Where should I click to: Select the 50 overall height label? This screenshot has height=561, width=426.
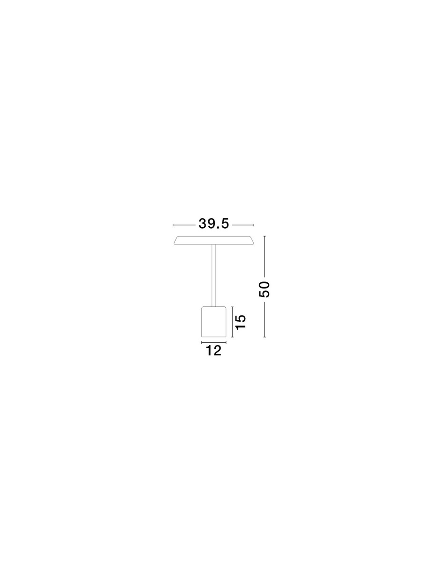[264, 289]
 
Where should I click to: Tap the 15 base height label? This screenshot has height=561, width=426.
[241, 322]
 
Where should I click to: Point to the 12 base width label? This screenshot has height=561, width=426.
[213, 351]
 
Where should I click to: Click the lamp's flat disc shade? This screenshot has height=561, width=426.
[213, 240]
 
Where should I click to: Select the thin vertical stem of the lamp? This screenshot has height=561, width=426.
[213, 275]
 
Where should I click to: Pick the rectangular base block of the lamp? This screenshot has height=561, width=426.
[213, 322]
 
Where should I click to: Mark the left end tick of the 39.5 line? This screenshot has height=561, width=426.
[174, 225]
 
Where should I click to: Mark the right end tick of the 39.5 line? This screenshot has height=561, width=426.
[254, 225]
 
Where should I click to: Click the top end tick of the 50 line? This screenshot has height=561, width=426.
[264, 236]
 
